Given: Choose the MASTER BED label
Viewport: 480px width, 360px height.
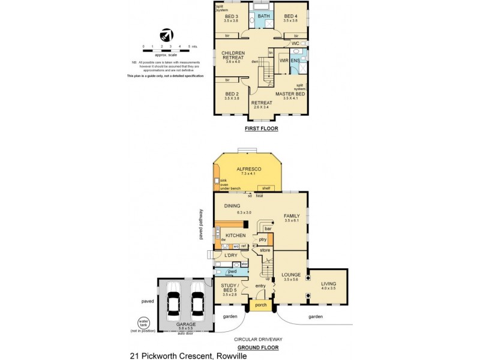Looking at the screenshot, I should (290, 95).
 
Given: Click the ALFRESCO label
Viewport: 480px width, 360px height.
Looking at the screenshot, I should (247, 170).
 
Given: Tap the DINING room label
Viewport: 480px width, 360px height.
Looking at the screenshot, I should (232, 206).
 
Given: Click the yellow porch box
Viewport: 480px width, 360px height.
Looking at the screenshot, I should (260, 304).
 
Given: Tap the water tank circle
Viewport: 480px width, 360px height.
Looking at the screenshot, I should (143, 322).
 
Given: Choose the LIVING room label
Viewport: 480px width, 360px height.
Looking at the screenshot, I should (328, 284).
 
